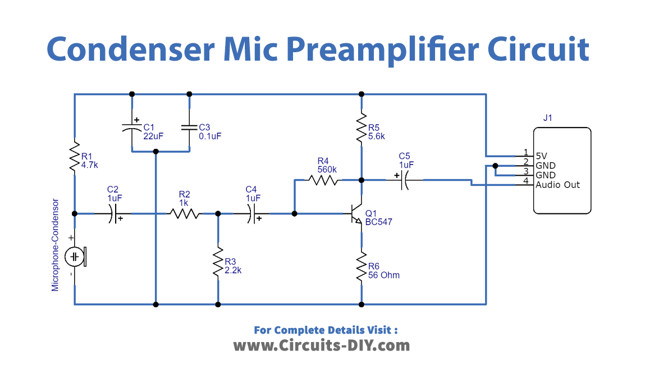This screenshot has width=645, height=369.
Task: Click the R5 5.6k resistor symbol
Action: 362,129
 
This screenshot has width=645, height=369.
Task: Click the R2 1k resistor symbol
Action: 185,213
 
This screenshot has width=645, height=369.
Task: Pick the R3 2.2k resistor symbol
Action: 218,261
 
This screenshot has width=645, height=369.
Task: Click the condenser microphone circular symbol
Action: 75,257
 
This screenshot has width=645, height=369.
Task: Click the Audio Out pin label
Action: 557,185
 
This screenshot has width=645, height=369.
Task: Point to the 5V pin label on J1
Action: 541,156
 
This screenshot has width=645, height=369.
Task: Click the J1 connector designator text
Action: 548,118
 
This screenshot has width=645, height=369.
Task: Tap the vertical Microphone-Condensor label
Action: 55,244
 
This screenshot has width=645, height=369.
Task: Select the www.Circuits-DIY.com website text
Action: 321,345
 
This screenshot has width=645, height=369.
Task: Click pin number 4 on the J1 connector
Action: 525,181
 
